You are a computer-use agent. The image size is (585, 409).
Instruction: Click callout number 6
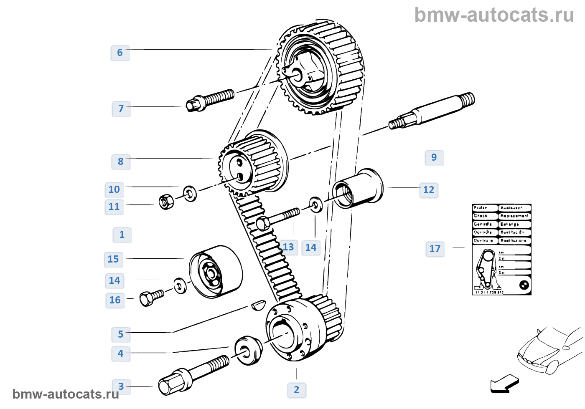[120, 53]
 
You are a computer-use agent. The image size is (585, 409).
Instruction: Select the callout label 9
[434, 158]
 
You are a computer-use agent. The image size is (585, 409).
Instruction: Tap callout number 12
[429, 190]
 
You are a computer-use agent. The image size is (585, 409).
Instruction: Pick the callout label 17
[435, 249]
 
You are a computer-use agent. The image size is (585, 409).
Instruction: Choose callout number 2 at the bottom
[297, 390]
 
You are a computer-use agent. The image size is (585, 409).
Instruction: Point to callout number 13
[288, 247]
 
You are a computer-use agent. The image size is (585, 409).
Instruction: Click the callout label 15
[113, 260]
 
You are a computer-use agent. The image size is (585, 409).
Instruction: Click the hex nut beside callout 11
[166, 202]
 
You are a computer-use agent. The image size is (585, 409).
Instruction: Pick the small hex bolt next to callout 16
[151, 298]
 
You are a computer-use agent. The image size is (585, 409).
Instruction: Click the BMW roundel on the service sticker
[524, 285]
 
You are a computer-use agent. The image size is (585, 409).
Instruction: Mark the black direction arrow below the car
[504, 384]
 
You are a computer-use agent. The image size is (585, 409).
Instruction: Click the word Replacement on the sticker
[514, 216]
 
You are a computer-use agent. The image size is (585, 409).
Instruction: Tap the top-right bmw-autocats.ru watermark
[494, 15]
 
